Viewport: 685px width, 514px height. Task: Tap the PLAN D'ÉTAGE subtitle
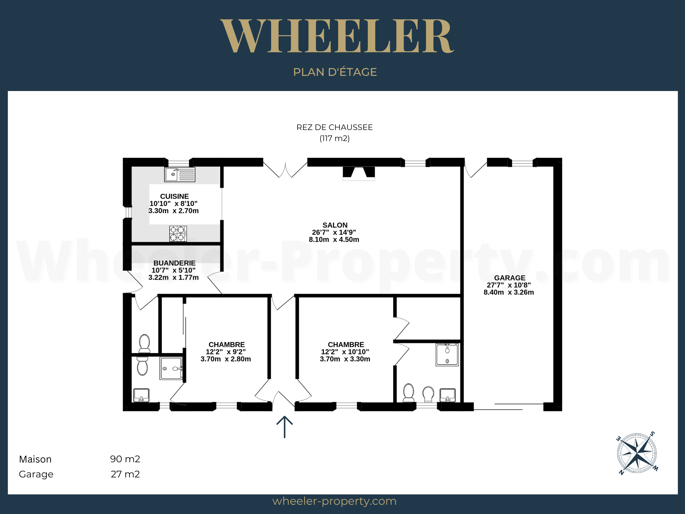click(335, 72)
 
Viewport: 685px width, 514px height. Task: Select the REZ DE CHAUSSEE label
click(334, 127)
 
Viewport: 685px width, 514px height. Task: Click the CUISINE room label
click(174, 196)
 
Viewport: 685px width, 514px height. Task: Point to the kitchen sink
click(180, 174)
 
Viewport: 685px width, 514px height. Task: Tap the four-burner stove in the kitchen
click(178, 234)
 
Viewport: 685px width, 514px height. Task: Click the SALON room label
click(335, 225)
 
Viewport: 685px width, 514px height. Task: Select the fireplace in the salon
click(359, 173)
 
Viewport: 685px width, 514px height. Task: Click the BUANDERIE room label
click(174, 263)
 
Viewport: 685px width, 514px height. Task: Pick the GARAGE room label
click(510, 278)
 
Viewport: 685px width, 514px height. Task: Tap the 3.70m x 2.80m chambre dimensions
click(226, 359)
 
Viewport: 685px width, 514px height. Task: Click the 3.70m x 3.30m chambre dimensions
click(345, 359)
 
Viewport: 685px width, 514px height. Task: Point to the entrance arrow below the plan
click(285, 427)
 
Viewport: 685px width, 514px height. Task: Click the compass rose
click(637, 453)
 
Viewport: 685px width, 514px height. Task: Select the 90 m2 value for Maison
click(125, 459)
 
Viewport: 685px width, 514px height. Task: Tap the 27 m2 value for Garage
click(125, 474)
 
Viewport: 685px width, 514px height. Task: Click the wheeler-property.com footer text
click(334, 501)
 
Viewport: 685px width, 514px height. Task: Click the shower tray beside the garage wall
click(447, 355)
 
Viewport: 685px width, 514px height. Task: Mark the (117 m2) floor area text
click(334, 138)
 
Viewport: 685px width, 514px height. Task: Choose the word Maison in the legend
click(35, 459)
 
